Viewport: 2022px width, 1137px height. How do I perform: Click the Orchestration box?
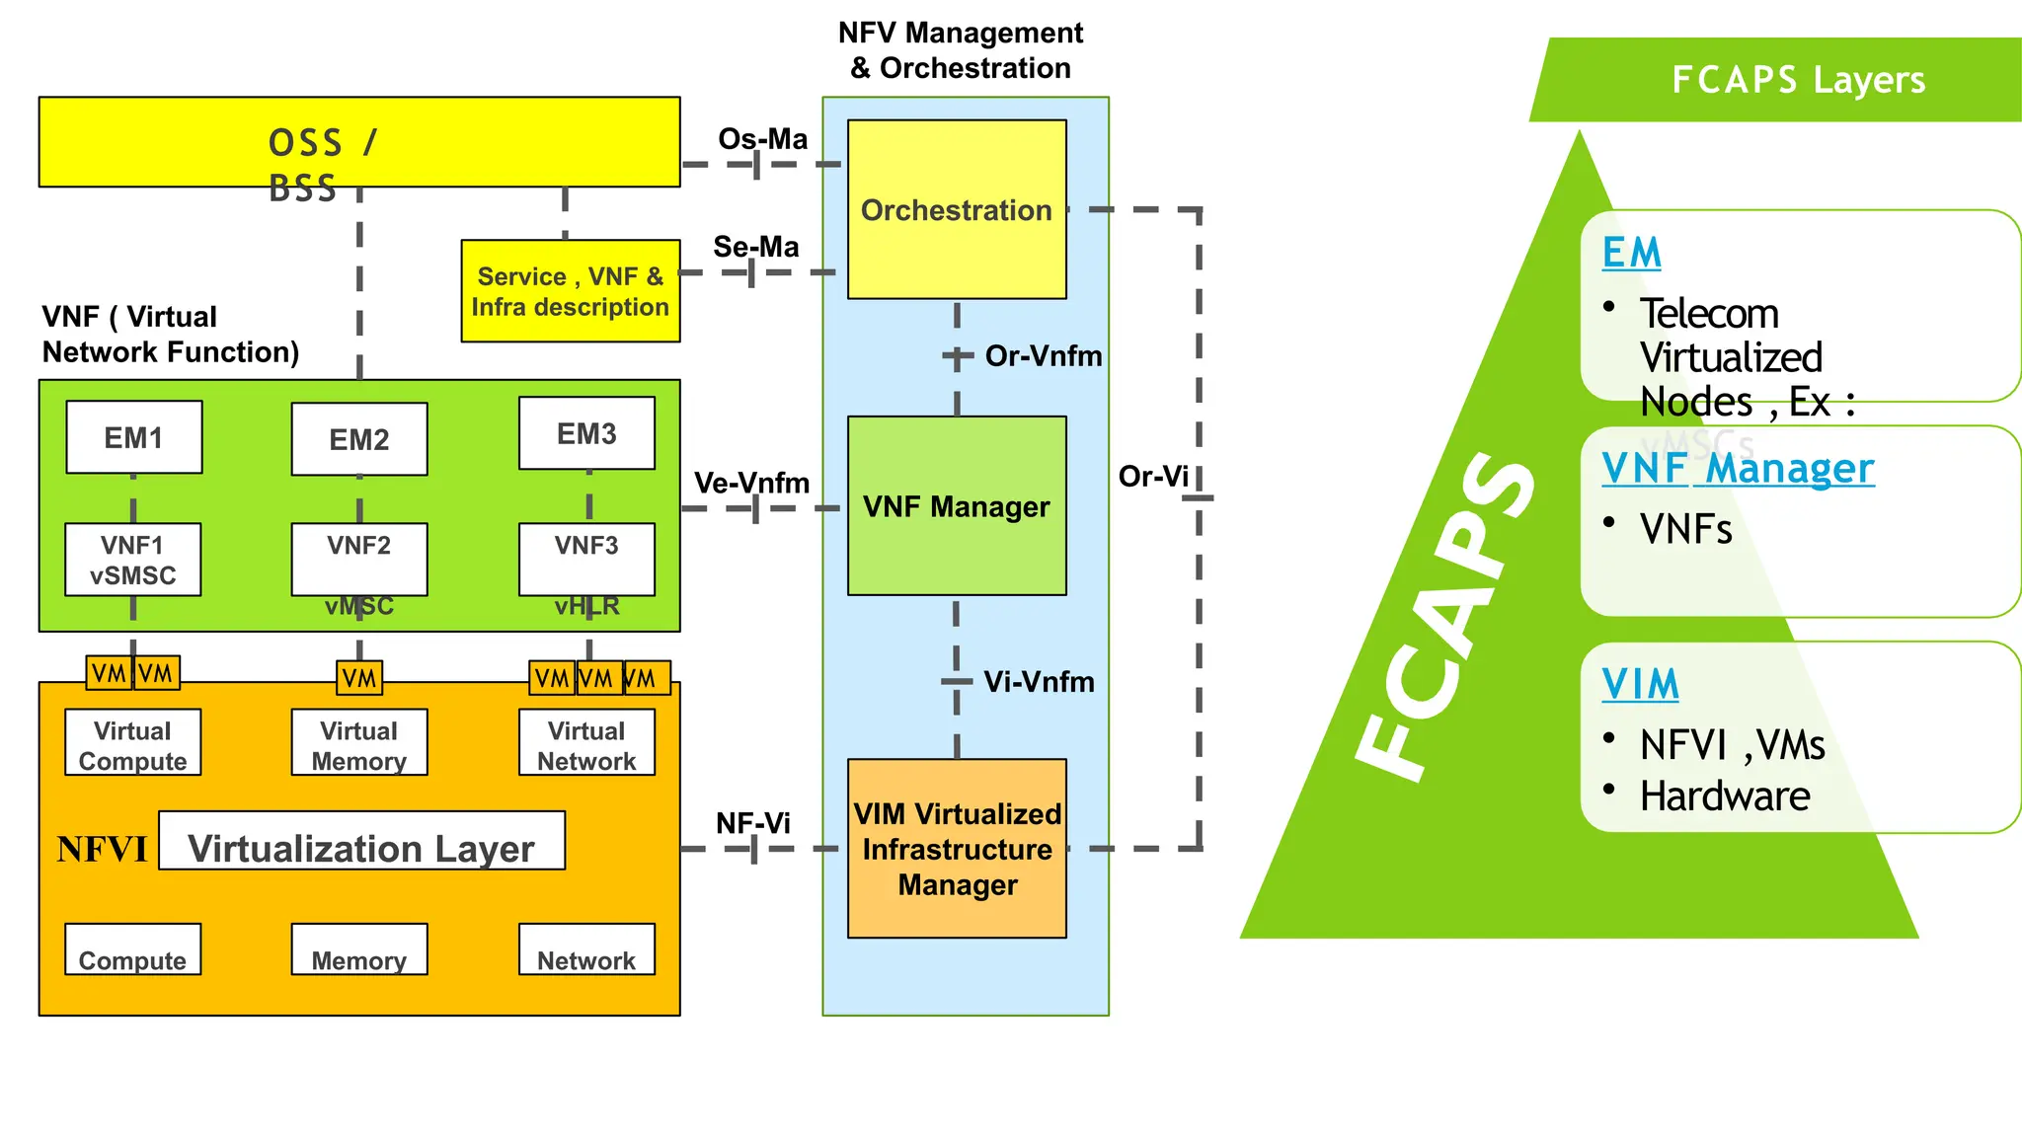point(956,209)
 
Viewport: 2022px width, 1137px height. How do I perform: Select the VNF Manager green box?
point(956,505)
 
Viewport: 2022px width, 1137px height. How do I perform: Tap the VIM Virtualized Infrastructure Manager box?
point(956,848)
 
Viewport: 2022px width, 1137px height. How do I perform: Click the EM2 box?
point(359,439)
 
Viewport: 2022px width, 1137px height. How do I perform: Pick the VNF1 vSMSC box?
point(132,560)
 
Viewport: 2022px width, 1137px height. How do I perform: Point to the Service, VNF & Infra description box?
point(571,291)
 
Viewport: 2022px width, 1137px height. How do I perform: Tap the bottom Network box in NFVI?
point(586,950)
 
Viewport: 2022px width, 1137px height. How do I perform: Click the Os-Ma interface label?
point(762,139)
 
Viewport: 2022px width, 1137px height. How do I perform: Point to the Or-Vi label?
point(1152,477)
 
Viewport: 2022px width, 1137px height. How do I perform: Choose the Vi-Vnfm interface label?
point(1039,682)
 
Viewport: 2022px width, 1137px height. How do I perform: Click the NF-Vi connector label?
point(752,823)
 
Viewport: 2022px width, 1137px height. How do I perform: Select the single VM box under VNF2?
point(359,678)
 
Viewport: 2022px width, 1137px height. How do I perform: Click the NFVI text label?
point(102,850)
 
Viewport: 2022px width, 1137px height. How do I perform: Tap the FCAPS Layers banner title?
point(1798,80)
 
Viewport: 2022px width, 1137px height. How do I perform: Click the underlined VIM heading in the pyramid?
point(1640,684)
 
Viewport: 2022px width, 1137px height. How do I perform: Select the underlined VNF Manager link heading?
point(1738,469)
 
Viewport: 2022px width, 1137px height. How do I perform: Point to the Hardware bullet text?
point(1724,796)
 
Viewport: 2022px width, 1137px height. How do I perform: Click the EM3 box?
point(586,433)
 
